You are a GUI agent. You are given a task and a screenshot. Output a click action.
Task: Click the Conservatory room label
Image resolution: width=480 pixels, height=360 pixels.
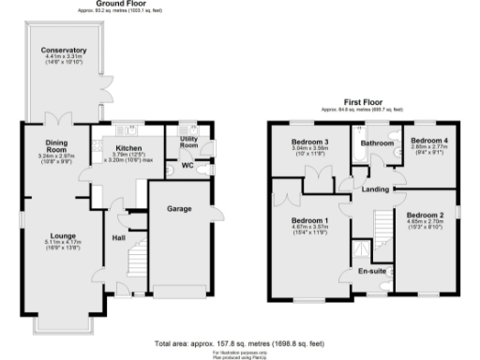pyautogui.click(x=65, y=51)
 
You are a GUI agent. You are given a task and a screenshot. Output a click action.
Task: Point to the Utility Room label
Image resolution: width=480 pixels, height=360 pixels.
pyautogui.click(x=190, y=142)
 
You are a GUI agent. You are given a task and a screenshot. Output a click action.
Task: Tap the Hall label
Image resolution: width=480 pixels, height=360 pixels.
pyautogui.click(x=120, y=238)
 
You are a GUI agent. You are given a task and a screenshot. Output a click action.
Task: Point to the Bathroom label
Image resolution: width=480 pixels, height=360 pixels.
pyautogui.click(x=378, y=143)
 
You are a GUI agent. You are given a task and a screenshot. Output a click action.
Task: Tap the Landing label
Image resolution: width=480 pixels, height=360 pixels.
pyautogui.click(x=376, y=190)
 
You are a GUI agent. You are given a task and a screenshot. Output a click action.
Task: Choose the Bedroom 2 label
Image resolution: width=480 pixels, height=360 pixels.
pyautogui.click(x=427, y=216)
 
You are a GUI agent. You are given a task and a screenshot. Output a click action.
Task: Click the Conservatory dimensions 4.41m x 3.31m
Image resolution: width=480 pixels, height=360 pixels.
pyautogui.click(x=65, y=58)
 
